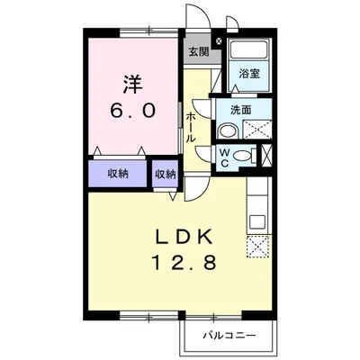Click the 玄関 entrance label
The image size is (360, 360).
click(199, 52)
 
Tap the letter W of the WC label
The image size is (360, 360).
click(225, 151)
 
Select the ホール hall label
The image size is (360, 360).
click(192, 128)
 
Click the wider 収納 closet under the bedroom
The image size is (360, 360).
click(118, 173)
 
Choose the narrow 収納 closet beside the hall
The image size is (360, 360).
click(165, 173)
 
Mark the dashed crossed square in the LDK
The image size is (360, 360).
click(258, 246)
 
